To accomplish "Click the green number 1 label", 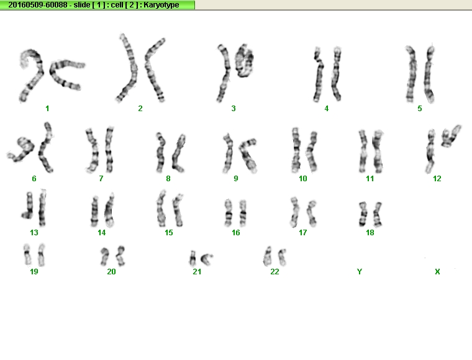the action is point(47,108).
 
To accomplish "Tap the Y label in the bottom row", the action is point(360,272).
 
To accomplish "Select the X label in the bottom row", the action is point(437,272).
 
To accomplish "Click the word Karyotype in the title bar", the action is point(161,5).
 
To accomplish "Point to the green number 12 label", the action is point(437,179).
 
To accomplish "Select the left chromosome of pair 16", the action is point(229,213).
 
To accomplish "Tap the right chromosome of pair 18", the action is point(377,214).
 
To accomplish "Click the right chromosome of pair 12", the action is point(451,137).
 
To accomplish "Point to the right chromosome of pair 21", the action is point(206,259).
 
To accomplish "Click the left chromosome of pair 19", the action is point(27,254).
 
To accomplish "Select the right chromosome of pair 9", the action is point(247,155).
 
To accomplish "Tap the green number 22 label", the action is point(275,272).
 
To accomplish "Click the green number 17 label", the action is point(302,233).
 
